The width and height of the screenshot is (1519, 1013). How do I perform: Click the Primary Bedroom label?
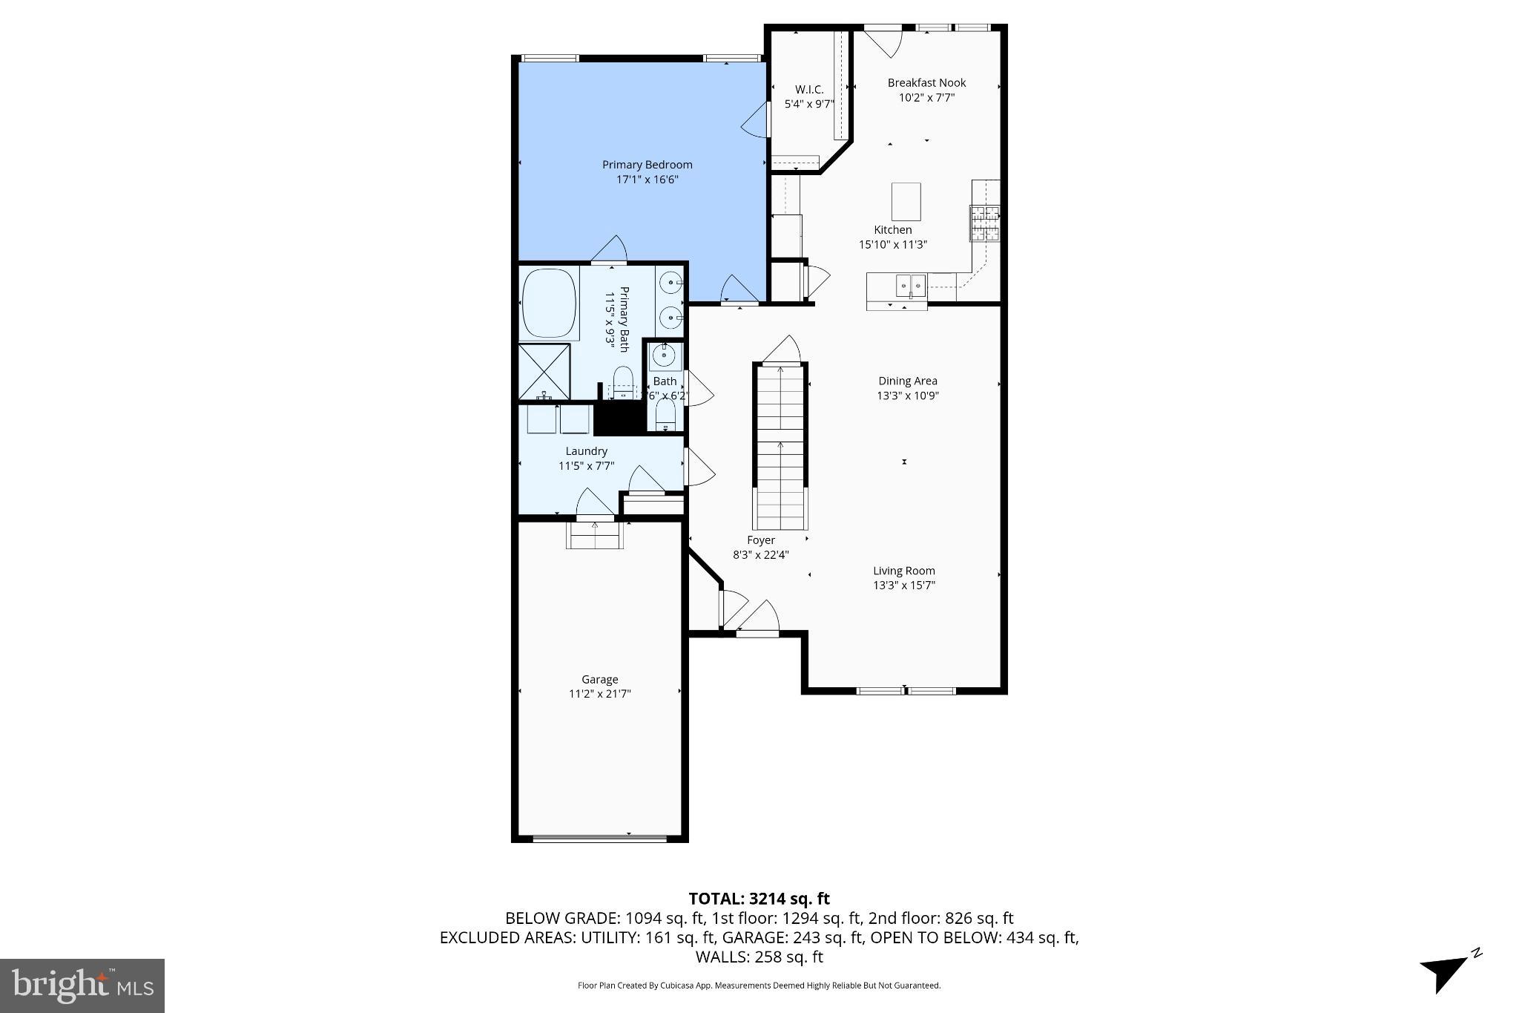(x=647, y=165)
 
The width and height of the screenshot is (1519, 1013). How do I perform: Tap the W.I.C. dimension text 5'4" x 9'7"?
(x=809, y=105)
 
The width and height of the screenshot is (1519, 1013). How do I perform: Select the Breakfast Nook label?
(x=926, y=83)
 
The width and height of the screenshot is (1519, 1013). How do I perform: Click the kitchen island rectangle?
(x=906, y=202)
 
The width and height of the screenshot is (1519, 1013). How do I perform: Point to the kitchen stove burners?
(x=985, y=223)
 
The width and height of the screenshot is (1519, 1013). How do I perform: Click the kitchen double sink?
(x=910, y=283)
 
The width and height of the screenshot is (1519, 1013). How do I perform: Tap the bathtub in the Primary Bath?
(x=550, y=304)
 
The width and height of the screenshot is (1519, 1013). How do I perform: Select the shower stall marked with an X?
(x=544, y=371)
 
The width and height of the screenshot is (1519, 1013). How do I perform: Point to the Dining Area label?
(x=907, y=381)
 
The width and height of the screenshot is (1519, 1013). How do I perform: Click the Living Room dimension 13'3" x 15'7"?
(x=903, y=586)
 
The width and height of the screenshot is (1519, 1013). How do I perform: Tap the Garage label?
(x=599, y=680)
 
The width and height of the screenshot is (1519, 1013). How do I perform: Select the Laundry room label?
(x=586, y=451)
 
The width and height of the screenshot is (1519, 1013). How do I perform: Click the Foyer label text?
(x=761, y=540)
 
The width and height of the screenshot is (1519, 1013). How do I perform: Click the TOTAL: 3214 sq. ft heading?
(x=759, y=899)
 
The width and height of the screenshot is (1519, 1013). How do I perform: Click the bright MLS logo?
(x=82, y=986)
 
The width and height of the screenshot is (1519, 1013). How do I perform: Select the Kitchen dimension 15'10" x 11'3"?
(x=893, y=245)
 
